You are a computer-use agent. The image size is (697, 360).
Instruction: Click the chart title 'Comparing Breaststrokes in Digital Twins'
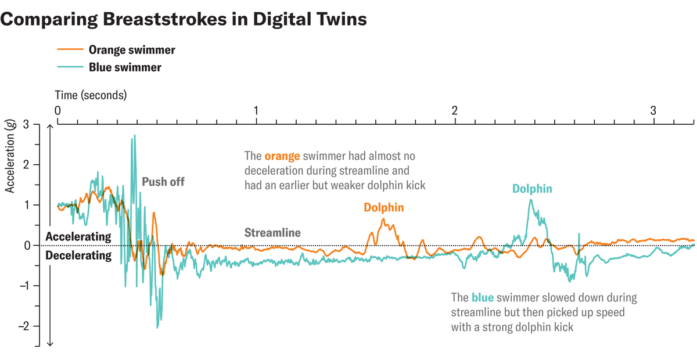coord(184,19)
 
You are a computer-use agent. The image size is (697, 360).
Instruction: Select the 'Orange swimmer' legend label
coord(132,50)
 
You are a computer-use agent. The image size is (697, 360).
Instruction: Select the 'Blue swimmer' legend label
coord(125,67)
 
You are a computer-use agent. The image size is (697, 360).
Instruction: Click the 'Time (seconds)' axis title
coord(91,95)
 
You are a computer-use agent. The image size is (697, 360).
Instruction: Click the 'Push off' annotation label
coord(163,182)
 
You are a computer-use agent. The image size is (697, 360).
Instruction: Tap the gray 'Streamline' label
coord(272,233)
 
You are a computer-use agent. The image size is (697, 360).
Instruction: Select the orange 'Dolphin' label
coord(384,207)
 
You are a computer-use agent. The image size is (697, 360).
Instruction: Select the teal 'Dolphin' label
coord(532,189)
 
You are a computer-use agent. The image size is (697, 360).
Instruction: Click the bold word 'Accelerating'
coord(78,237)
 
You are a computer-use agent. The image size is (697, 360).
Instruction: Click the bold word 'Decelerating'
coord(78,255)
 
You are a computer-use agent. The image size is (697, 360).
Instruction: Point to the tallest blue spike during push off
coord(135,136)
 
